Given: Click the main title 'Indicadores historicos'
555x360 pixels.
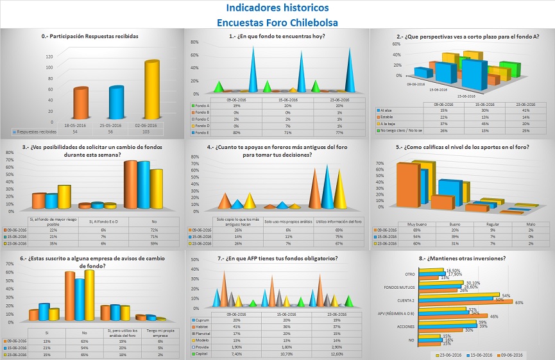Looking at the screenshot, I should [x=277, y=8].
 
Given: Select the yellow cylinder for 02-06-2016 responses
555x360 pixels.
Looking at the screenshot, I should [x=151, y=90].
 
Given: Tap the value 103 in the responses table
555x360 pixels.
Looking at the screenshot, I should [x=151, y=131].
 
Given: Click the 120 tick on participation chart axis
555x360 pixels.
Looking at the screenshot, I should [x=31, y=56].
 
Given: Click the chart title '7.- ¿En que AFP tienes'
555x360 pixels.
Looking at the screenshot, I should [x=277, y=258].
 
